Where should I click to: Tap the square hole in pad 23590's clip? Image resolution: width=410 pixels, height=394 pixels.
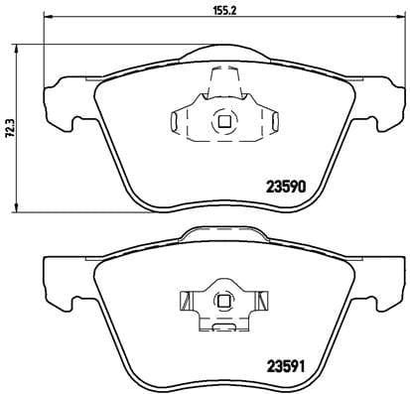pos(223,122)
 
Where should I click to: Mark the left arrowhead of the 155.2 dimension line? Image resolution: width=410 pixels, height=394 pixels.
pos(49,22)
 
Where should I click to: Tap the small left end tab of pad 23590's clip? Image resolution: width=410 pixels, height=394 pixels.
pos(176,123)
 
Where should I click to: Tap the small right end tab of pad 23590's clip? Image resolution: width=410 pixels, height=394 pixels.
pos(268,123)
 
